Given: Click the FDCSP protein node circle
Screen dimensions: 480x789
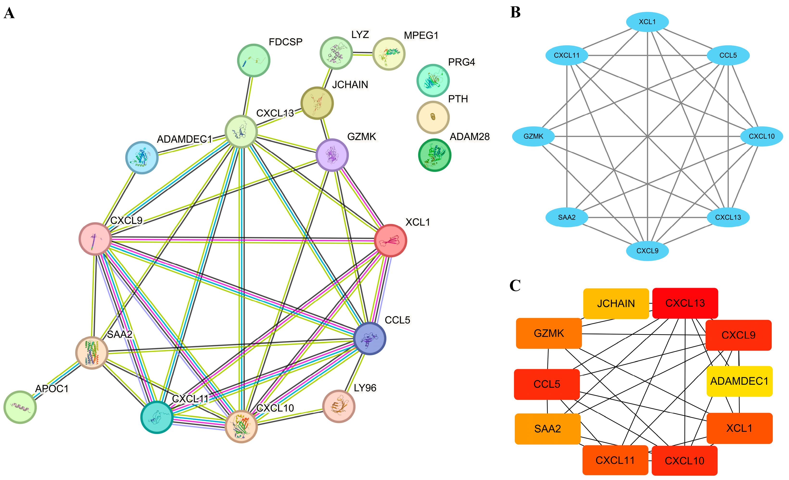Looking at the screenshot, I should [254, 60].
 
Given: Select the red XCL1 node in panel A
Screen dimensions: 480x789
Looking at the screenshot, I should [390, 240].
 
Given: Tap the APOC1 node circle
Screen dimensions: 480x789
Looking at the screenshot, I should [20, 407].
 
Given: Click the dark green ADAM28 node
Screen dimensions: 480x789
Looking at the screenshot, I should [435, 155].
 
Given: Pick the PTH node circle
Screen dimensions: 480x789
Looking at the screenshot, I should [433, 117].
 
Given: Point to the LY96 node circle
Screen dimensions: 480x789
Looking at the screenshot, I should [339, 406].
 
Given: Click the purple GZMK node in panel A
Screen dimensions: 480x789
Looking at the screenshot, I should [332, 155].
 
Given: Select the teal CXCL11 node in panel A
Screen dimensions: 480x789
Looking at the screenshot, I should [157, 417].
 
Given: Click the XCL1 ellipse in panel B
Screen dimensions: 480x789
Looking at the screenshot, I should [647, 22].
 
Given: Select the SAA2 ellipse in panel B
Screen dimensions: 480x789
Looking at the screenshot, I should [566, 217].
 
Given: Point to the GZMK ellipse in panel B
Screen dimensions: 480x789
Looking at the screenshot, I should [533, 136].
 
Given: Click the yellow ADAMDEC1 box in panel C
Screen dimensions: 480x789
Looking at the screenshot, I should [739, 381].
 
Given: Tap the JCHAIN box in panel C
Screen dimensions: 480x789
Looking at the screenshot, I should [616, 303].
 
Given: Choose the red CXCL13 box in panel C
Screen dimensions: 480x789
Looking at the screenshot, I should [685, 303].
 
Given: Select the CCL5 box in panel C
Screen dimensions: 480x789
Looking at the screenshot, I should [547, 384].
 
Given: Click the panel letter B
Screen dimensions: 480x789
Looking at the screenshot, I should [515, 13].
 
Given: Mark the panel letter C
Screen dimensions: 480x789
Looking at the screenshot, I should [515, 285].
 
